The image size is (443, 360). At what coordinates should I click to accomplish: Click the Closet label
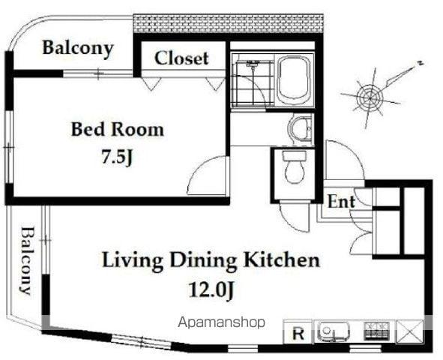click(x=181, y=58)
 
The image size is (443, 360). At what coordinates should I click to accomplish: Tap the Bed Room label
click(x=118, y=130)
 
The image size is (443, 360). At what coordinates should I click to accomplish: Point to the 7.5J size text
click(x=117, y=157)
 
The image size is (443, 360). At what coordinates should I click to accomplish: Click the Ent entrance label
click(x=341, y=202)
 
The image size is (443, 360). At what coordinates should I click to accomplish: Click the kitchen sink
click(x=334, y=331)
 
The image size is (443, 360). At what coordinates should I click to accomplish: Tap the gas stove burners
click(x=377, y=331)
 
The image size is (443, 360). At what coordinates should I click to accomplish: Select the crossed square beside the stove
click(x=410, y=331)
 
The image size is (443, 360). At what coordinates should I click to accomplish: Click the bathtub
click(x=295, y=79)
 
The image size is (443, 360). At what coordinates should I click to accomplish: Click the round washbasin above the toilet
click(x=301, y=128)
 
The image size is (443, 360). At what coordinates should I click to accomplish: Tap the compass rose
click(x=370, y=97)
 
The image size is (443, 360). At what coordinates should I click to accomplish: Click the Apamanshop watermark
click(x=222, y=322)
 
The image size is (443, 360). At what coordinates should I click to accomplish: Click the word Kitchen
click(x=282, y=260)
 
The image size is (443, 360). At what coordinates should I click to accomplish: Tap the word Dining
click(x=203, y=262)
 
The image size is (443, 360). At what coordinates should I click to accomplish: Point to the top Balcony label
click(x=78, y=49)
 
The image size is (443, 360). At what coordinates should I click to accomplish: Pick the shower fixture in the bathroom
click(x=252, y=64)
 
